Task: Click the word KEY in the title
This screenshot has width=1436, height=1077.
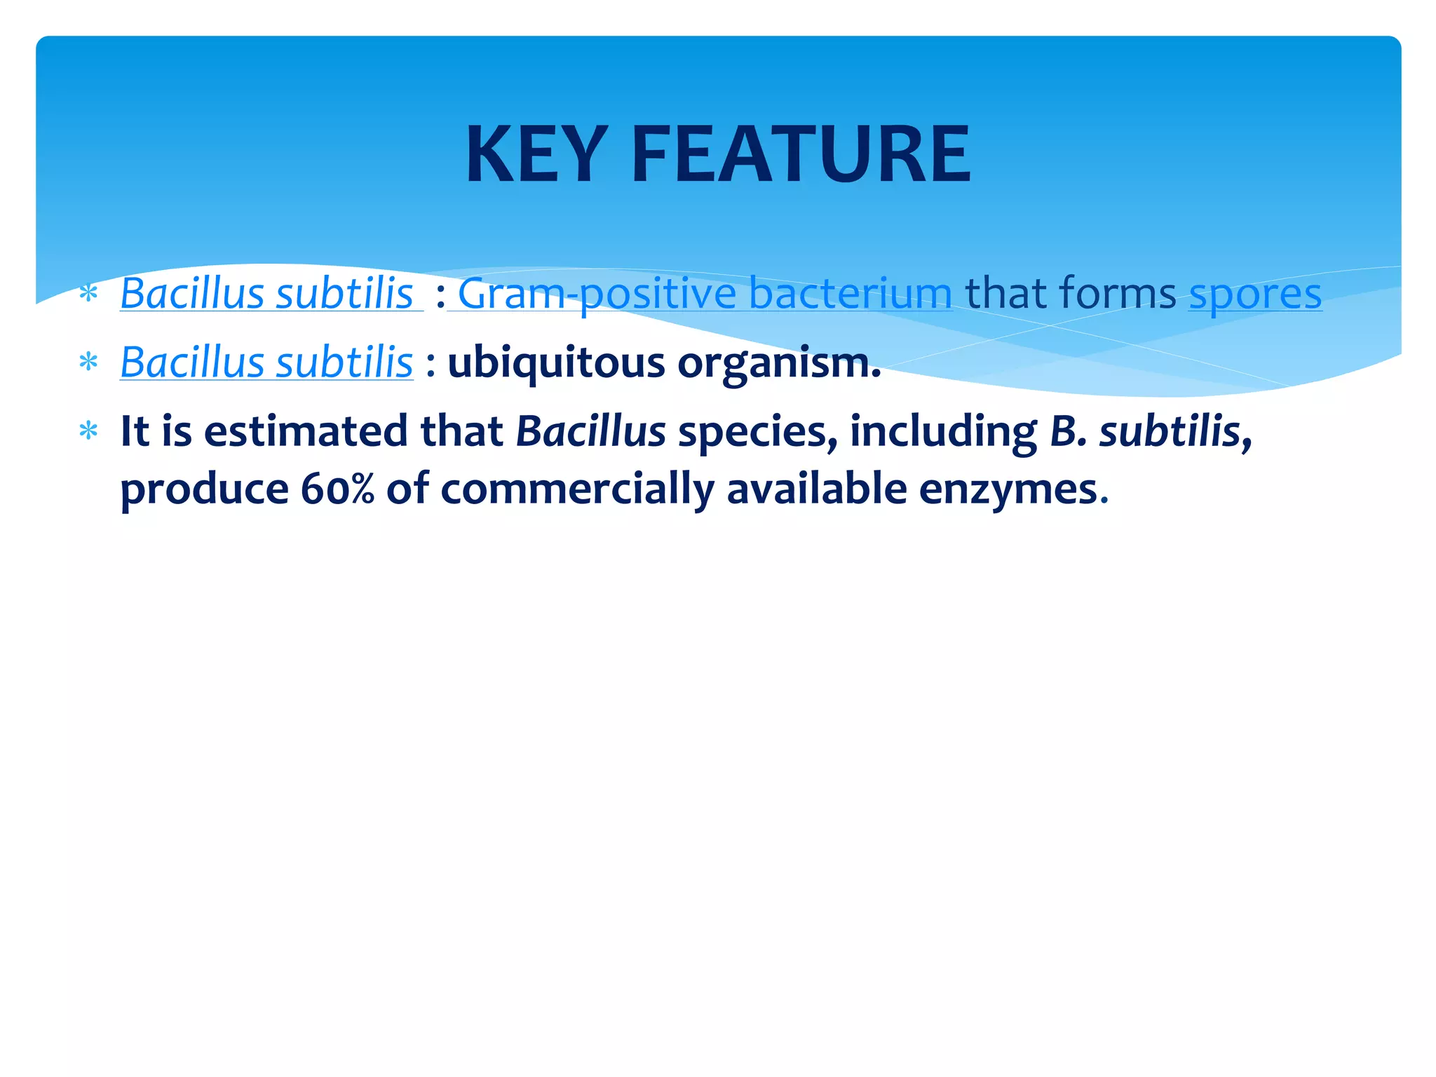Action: click(536, 154)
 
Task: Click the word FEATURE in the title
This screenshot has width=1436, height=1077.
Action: click(801, 154)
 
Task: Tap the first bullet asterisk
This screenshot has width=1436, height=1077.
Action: click(88, 293)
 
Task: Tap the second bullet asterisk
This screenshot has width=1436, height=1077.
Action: click(88, 363)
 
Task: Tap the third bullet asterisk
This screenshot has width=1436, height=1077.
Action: click(88, 431)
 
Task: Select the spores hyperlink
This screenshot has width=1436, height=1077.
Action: click(1255, 293)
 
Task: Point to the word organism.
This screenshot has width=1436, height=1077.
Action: click(778, 363)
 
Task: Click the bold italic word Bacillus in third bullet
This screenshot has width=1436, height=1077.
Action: click(590, 431)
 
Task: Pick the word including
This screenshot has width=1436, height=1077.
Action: click(943, 431)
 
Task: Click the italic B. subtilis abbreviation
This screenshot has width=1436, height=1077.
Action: click(1150, 431)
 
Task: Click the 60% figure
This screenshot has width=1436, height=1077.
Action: click(337, 488)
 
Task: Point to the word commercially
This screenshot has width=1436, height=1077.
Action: click(577, 488)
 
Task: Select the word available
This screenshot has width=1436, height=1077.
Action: click(816, 488)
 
